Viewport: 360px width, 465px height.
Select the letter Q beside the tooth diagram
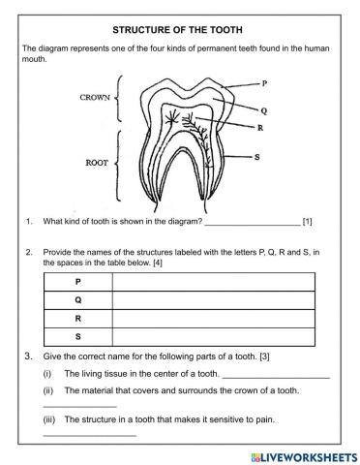pos(263,110)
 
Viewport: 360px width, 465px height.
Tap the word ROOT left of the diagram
pos(97,164)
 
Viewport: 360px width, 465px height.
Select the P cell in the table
pos(77,282)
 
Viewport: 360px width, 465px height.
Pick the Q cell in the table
pos(77,300)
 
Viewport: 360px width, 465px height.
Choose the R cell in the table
pos(77,319)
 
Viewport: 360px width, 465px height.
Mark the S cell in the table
pos(77,337)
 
